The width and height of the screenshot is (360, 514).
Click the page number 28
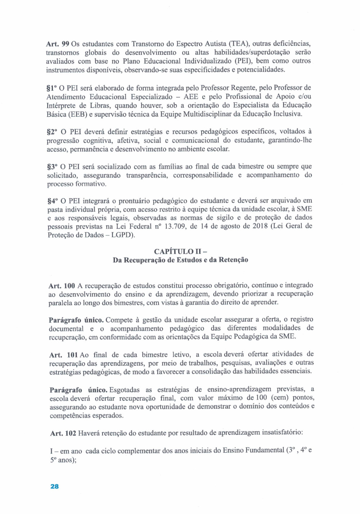(54, 486)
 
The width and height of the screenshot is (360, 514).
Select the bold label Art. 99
(58, 44)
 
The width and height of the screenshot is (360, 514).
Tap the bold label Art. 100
(62, 286)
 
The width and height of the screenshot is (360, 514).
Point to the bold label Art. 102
(63, 433)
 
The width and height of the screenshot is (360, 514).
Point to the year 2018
(257, 226)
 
